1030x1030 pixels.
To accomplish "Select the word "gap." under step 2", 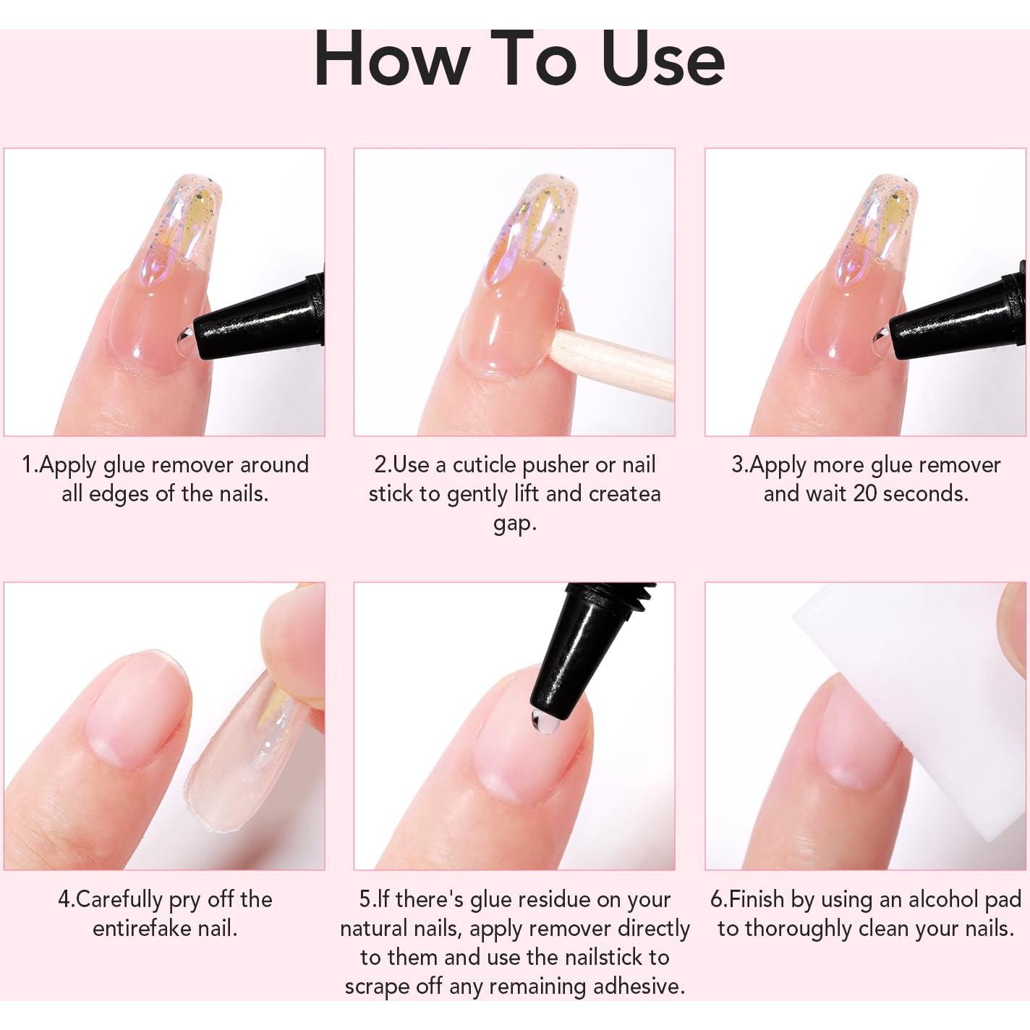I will [515, 523].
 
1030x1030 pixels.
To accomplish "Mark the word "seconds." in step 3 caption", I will [932, 494].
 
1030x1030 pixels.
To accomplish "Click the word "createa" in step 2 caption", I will [625, 494].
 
